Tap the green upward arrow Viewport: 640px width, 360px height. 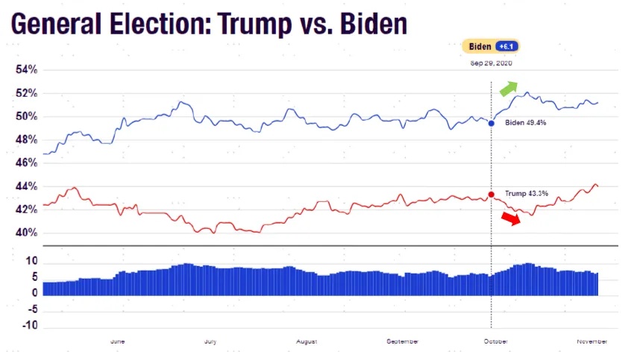(507, 88)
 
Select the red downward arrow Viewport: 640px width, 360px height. (511, 218)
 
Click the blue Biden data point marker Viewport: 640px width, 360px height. (491, 123)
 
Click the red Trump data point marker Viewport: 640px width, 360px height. (491, 195)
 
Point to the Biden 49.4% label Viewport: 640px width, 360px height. (526, 123)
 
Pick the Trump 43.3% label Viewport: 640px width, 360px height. (527, 194)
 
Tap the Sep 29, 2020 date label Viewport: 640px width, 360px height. (489, 63)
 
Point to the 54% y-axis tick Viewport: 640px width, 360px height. (27, 70)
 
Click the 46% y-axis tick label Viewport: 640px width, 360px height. (27, 162)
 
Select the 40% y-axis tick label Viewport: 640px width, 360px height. (27, 233)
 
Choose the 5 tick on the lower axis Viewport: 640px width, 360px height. (34, 278)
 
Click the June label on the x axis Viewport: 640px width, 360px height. (117, 341)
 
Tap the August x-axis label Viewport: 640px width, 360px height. (306, 341)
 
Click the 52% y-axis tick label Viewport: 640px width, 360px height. (27, 93)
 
